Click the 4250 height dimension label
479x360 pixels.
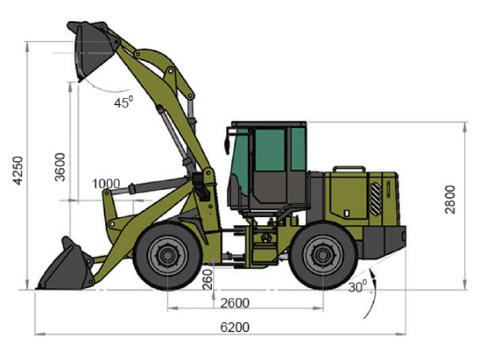pos(18,171)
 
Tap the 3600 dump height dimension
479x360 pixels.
pos(60,166)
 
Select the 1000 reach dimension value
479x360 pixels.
pos(106,184)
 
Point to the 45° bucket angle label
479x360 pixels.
pos(123,102)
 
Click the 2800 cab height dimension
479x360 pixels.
pos(450,199)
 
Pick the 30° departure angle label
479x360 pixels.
pos(357,286)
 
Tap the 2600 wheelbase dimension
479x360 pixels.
pos(235,303)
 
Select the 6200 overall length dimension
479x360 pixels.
pos(235,328)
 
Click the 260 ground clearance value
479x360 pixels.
pos(208,279)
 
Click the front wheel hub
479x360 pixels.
pos(167,256)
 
